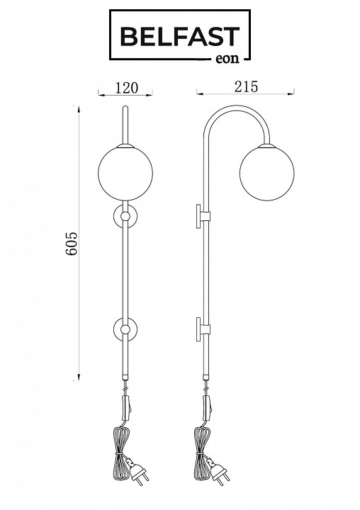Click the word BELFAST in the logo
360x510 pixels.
pyautogui.click(x=180, y=36)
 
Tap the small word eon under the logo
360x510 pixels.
pyautogui.click(x=227, y=58)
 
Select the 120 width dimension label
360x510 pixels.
pyautogui.click(x=127, y=88)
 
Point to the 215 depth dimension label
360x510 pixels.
pyautogui.click(x=246, y=86)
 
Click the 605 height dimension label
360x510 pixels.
pyautogui.click(x=72, y=243)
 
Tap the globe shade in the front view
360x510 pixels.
pyautogui.click(x=125, y=173)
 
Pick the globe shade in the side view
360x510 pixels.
pyautogui.click(x=267, y=173)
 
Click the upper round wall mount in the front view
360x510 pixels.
pyautogui.click(x=125, y=215)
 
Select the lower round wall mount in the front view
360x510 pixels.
pyautogui.click(x=125, y=329)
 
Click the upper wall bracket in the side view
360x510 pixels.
pyautogui.click(x=203, y=216)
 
